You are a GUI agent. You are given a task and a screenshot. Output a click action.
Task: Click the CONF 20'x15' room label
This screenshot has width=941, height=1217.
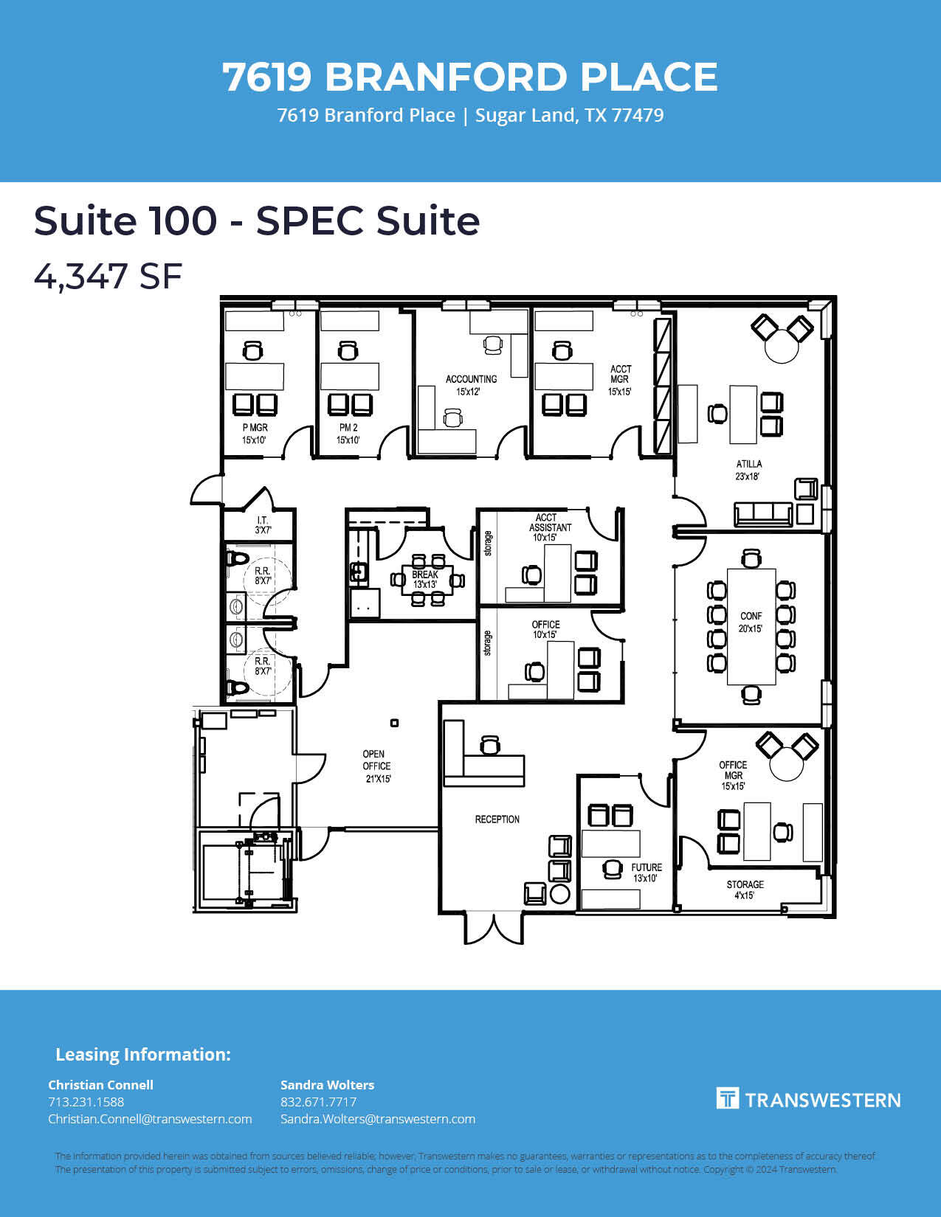click(x=751, y=623)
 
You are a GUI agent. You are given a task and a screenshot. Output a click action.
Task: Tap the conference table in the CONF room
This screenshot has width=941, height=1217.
click(x=751, y=627)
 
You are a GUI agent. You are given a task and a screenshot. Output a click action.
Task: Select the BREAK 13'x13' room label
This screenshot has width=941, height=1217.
click(x=425, y=580)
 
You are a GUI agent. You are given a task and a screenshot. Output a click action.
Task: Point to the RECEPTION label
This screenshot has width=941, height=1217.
click(x=497, y=819)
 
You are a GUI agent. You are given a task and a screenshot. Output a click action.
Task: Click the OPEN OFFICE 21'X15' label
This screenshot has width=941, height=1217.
click(x=376, y=766)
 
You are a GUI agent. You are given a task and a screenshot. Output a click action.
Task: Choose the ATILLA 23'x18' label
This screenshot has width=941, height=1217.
click(x=748, y=470)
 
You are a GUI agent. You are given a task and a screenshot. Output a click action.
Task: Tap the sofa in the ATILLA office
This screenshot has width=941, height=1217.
click(x=763, y=514)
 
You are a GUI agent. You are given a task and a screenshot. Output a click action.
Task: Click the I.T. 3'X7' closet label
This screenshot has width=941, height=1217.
click(x=262, y=525)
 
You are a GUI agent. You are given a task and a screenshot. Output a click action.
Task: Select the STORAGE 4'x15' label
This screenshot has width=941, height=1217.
click(x=745, y=890)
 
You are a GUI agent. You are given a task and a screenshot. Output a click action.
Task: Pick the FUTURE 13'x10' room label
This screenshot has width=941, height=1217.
click(x=647, y=873)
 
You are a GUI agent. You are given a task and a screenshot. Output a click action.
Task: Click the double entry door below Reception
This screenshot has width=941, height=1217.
click(x=493, y=929)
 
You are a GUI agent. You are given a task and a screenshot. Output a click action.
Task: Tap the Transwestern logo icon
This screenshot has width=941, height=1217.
click(x=728, y=1098)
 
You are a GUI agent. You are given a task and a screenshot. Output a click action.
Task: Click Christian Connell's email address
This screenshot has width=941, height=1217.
click(x=150, y=1119)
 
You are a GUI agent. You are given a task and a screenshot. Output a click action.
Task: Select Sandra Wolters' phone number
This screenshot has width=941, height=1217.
click(x=318, y=1102)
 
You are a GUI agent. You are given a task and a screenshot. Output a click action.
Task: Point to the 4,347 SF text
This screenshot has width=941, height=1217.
click(x=108, y=276)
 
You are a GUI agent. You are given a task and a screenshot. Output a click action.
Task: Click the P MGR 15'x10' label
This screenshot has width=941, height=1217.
click(x=255, y=434)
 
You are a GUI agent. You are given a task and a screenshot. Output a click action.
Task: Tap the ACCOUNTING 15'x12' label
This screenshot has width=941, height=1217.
click(x=471, y=385)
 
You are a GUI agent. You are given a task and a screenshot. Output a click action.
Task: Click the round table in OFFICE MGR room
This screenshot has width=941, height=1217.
click(x=787, y=763)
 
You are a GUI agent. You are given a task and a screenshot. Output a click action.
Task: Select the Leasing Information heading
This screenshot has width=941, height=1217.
click(x=143, y=1055)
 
